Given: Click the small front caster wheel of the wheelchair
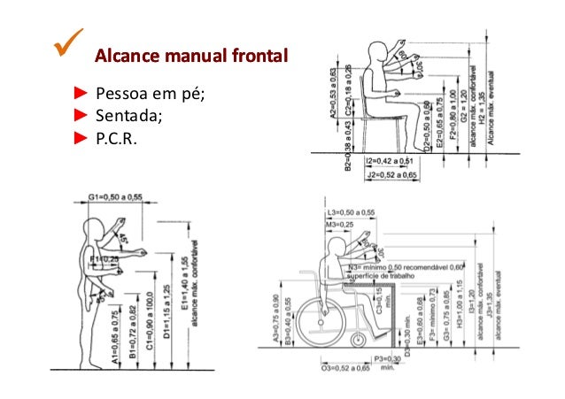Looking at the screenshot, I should [359, 340].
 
